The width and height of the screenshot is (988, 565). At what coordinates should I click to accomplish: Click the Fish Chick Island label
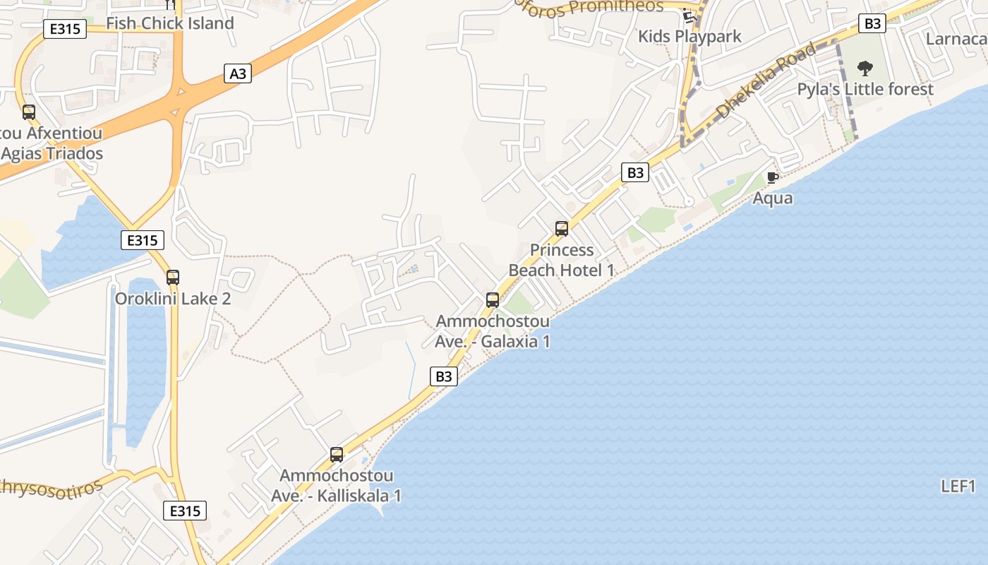[169, 23]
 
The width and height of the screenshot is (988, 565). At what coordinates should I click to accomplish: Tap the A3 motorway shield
[239, 73]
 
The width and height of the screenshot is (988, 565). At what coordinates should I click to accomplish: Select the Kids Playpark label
[689, 36]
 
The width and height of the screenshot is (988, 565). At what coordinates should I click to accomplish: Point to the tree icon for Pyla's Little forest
[864, 69]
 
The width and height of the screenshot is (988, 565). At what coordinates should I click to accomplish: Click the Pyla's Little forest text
[865, 89]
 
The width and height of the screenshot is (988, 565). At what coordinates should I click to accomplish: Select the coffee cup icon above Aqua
[772, 177]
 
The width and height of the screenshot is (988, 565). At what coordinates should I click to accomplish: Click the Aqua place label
[772, 198]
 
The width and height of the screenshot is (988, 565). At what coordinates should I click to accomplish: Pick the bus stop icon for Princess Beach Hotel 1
[562, 229]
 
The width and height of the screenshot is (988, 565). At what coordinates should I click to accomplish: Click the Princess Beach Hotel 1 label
[562, 260]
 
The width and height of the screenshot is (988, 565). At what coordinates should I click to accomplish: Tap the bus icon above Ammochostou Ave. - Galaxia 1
[493, 299]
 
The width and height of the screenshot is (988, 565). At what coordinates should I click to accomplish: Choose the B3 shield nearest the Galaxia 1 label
[443, 376]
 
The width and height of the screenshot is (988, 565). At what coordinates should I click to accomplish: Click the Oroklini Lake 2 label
[173, 299]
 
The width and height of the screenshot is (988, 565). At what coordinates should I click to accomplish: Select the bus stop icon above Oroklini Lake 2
[173, 278]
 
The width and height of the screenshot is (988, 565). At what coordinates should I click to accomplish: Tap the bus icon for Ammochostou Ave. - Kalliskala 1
[337, 455]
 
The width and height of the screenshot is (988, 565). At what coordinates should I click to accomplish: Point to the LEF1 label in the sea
[958, 487]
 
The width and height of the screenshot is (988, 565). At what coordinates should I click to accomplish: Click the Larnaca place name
[956, 38]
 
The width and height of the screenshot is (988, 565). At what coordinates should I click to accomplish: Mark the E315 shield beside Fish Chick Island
[65, 29]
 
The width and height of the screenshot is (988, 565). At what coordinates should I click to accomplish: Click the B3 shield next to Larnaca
[873, 23]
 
